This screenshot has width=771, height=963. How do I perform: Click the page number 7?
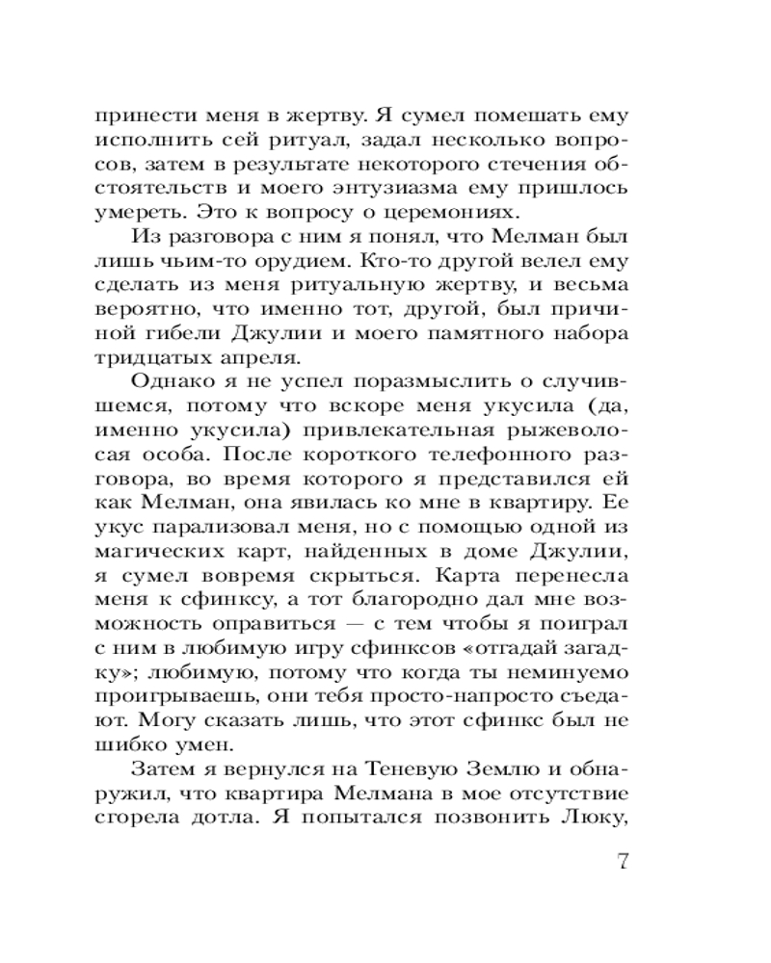coord(622,860)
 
